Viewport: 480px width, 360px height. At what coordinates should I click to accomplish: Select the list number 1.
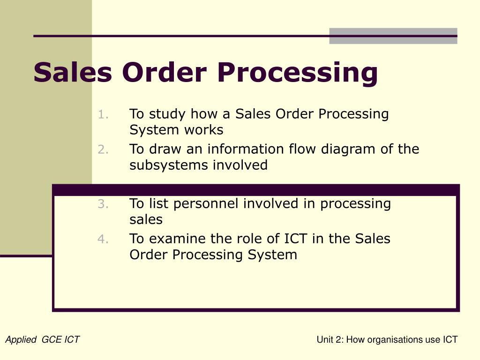[104, 114]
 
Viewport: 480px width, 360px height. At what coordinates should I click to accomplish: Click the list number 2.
[104, 150]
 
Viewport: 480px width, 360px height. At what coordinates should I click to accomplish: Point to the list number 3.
[104, 204]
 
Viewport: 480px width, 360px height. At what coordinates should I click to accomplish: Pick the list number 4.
[104, 239]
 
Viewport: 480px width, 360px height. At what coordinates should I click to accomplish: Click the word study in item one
[167, 114]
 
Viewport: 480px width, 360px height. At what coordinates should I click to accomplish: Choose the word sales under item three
[146, 219]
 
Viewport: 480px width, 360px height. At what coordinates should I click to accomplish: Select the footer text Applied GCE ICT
[42, 340]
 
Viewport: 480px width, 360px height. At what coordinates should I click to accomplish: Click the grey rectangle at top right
[393, 36]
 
